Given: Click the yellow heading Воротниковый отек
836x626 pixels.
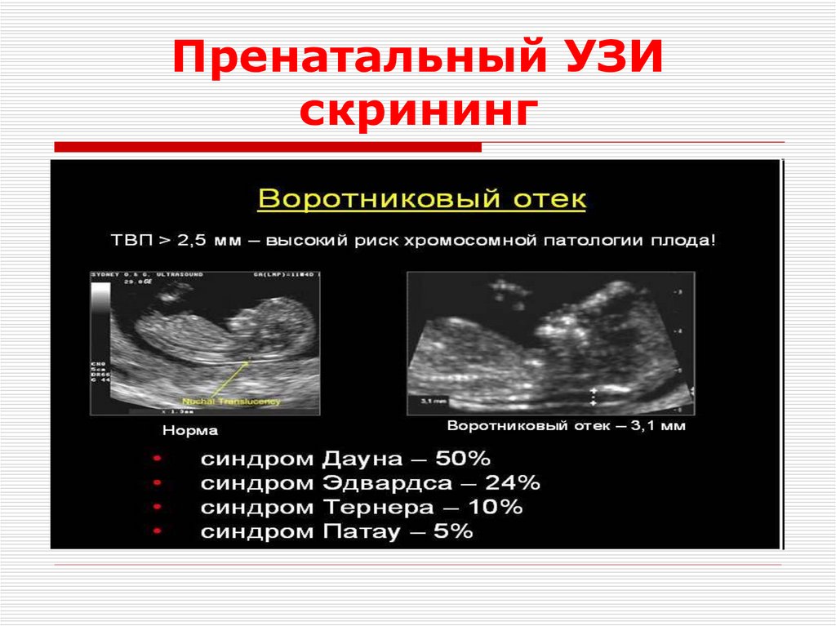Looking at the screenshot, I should point(421,199).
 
